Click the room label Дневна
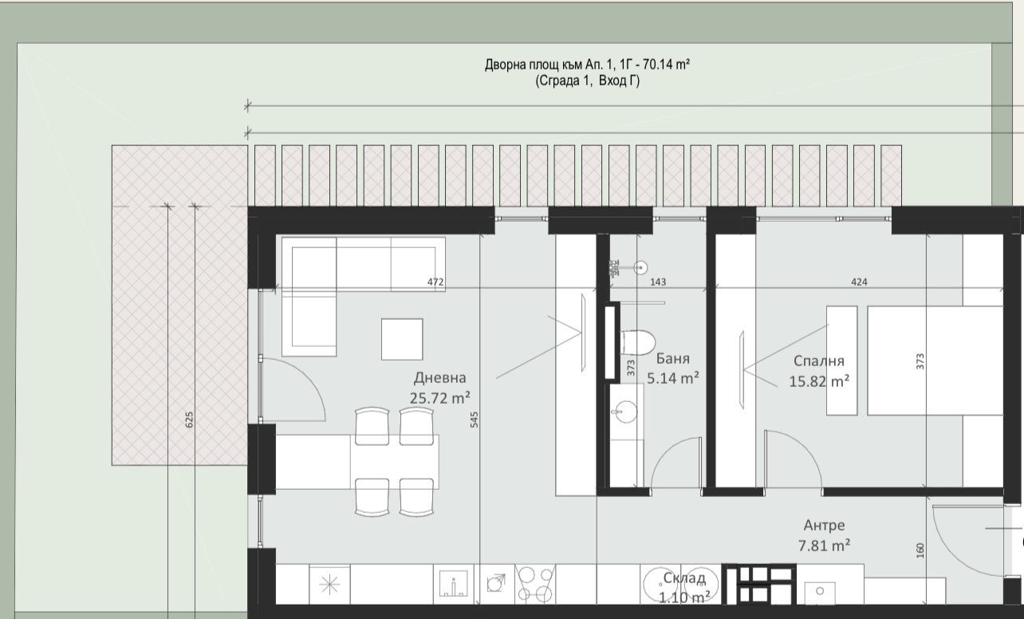[439, 378]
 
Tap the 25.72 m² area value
[439, 398]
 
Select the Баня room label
[672, 359]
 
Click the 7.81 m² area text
[825, 546]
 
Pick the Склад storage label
[684, 578]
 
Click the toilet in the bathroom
[638, 342]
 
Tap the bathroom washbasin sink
[624, 412]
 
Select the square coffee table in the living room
[402, 339]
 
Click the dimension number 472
[435, 282]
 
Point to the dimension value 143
[658, 282]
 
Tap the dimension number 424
[859, 282]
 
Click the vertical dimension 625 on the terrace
[189, 420]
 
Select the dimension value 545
[474, 420]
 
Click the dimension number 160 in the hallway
[920, 550]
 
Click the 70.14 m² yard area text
[666, 65]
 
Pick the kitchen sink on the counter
[453, 584]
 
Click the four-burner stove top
[535, 584]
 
